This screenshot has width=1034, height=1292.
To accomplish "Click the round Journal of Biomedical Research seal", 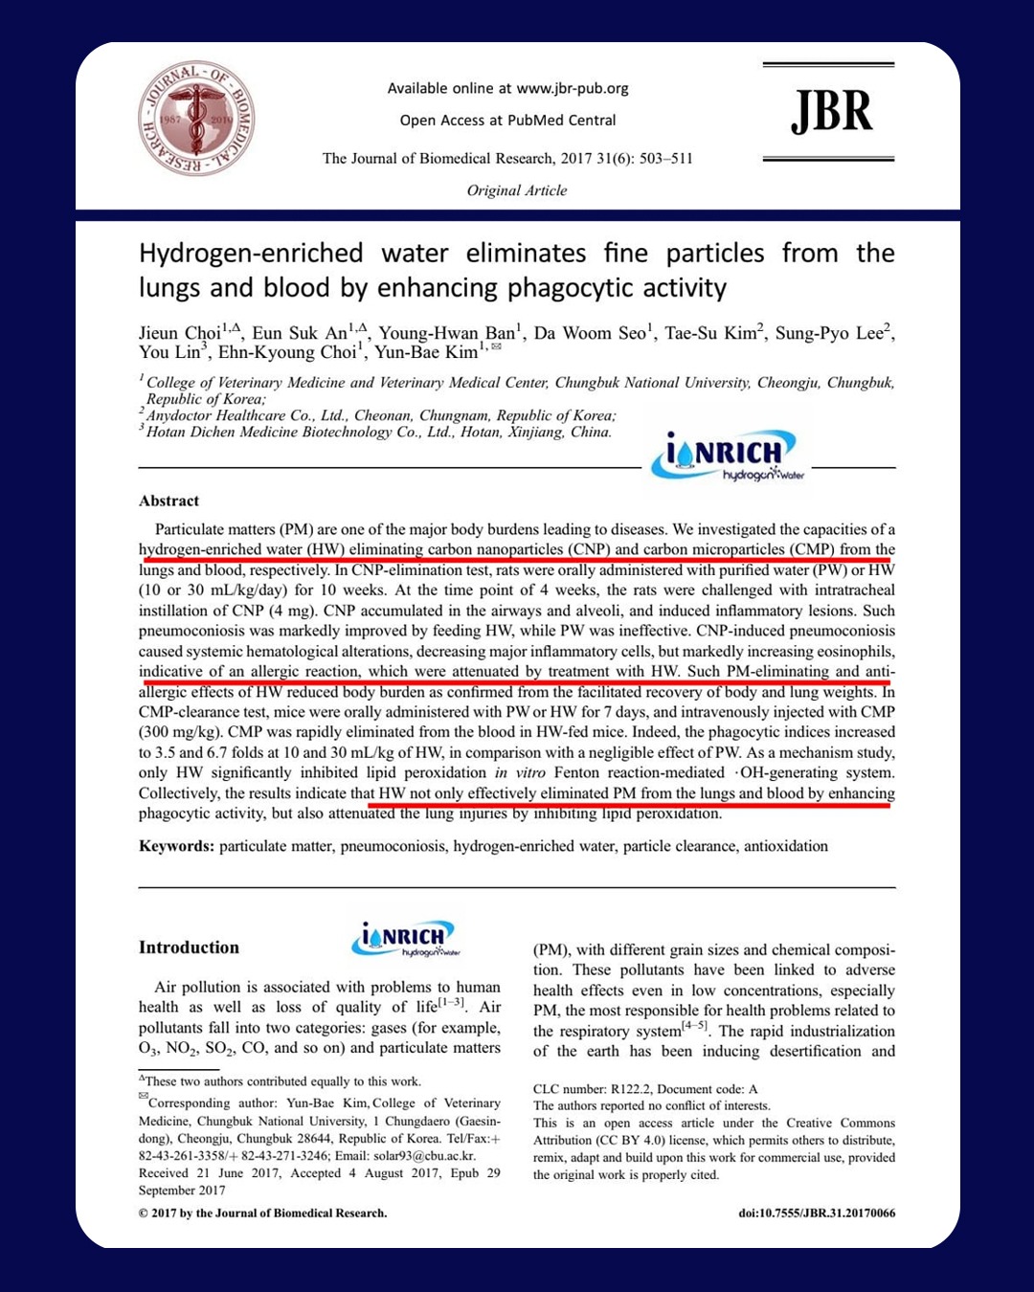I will tap(196, 119).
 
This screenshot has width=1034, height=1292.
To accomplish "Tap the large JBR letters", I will tap(831, 112).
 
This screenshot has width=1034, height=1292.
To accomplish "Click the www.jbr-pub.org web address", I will tap(573, 88).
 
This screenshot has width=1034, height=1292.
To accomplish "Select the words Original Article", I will tap(517, 190).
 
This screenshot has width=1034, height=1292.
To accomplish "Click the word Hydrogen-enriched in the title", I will tap(251, 254).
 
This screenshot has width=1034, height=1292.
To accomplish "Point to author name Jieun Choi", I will tap(180, 333).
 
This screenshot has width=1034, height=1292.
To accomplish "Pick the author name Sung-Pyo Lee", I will tap(829, 333).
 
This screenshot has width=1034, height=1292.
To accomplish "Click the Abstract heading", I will tap(169, 501).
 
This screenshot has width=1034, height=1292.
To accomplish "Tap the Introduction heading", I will tap(189, 947).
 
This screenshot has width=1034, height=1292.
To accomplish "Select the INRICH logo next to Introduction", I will tap(406, 938).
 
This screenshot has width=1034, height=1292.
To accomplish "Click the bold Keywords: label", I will tap(176, 846).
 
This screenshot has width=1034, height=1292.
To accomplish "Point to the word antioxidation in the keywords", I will tap(786, 846).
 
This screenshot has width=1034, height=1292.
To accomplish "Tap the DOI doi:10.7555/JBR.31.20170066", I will tap(817, 1214).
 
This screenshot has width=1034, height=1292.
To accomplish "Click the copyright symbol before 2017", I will tap(143, 1214).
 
